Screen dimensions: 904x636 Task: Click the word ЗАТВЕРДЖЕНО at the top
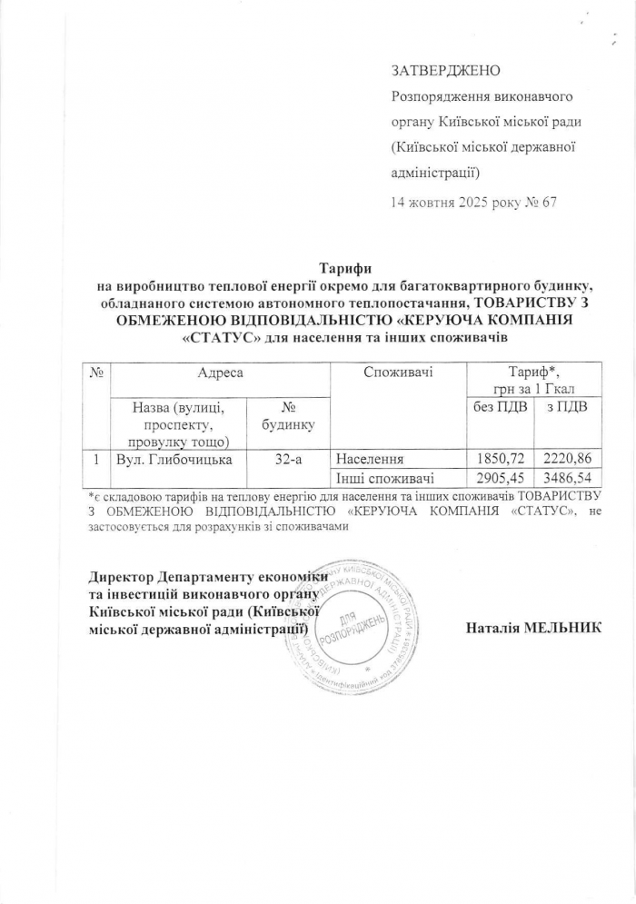coord(445,70)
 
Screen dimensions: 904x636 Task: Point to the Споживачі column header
coord(397,372)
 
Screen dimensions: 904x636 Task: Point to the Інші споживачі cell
coord(384,477)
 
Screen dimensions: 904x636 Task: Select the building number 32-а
coord(287,459)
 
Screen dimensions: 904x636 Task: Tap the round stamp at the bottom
coord(353,626)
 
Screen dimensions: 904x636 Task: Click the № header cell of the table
coord(96,372)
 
